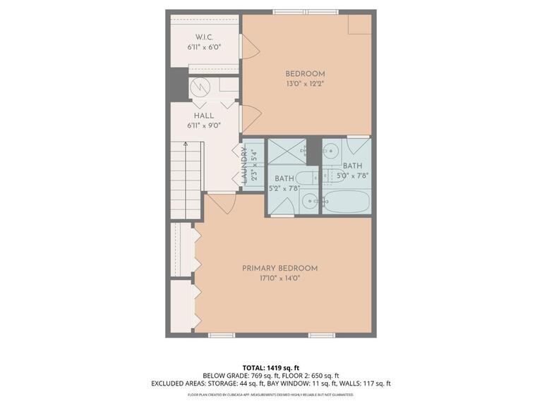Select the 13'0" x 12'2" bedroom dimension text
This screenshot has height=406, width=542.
(x=305, y=84)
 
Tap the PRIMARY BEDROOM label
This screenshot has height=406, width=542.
(x=279, y=268)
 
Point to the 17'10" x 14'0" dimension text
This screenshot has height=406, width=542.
(x=279, y=278)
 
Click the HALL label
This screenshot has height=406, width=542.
(x=203, y=116)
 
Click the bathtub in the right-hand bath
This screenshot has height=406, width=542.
(x=346, y=201)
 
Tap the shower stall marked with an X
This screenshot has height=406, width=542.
(x=287, y=152)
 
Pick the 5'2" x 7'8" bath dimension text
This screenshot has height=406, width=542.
(x=285, y=188)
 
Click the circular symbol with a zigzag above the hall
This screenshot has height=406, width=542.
(x=200, y=87)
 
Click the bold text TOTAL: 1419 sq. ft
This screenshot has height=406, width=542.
(x=270, y=368)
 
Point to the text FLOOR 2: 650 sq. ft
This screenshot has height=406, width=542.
(x=311, y=376)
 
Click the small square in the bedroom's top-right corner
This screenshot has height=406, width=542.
(x=360, y=23)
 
